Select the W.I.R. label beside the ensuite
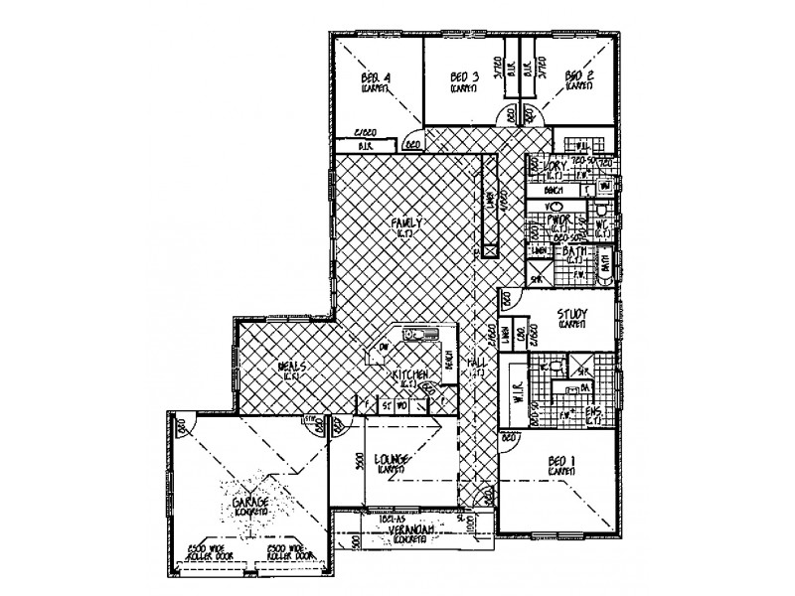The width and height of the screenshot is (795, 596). pyautogui.click(x=515, y=388)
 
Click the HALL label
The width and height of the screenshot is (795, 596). pyautogui.click(x=476, y=366)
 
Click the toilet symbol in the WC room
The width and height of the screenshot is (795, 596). pyautogui.click(x=606, y=212)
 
